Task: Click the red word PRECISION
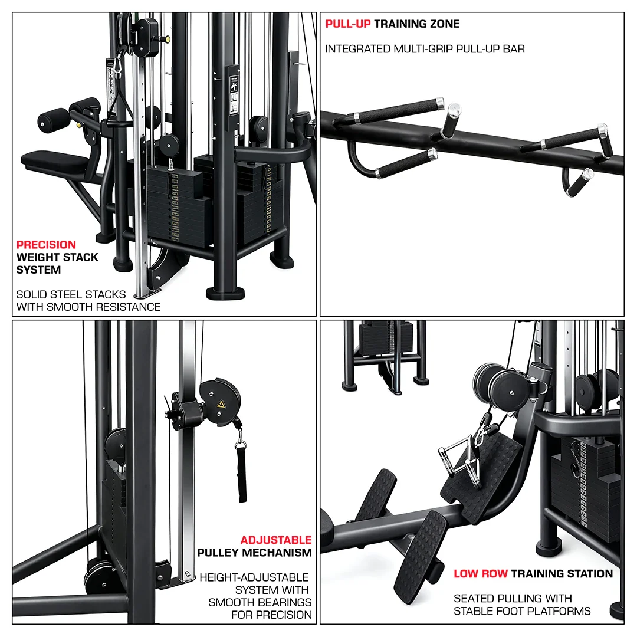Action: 46,245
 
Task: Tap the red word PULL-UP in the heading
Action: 348,24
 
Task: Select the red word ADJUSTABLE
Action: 276,540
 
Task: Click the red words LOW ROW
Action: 480,573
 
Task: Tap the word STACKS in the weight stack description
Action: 106,294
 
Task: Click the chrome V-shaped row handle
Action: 457,454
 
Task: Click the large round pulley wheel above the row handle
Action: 507,386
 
